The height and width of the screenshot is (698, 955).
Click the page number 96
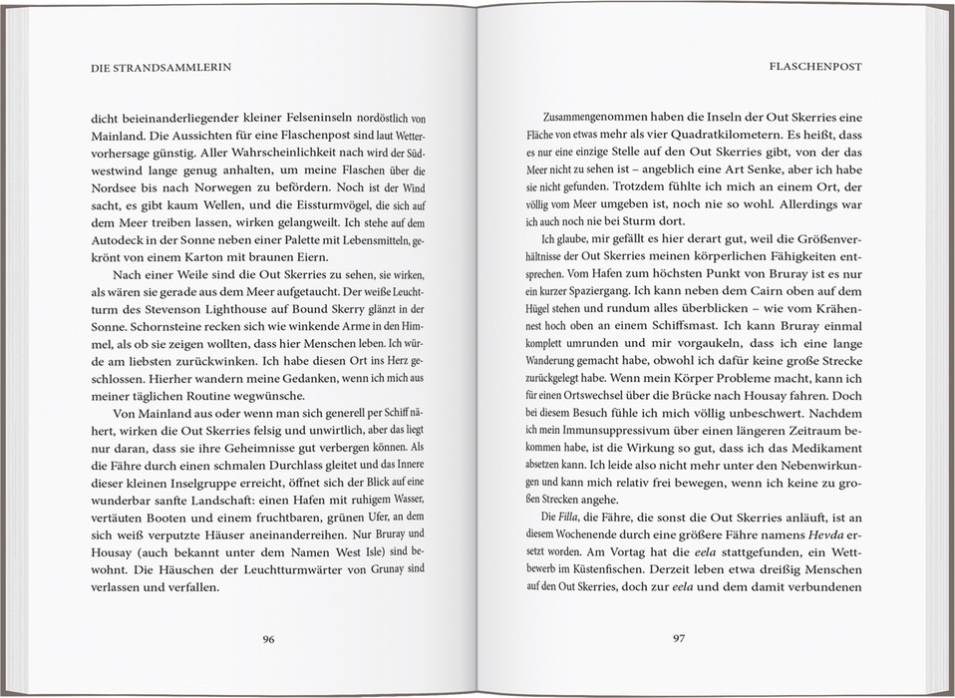click(x=268, y=639)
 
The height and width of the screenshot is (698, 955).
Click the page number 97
click(x=678, y=639)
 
